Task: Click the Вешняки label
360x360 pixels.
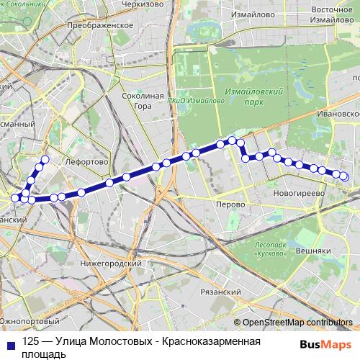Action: point(312,250)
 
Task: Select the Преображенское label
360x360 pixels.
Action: point(101,24)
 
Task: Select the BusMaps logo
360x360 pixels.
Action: point(327,344)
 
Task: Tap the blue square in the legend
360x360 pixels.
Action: point(8,342)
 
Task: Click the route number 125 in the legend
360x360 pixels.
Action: point(30,341)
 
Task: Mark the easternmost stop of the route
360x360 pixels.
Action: point(343,176)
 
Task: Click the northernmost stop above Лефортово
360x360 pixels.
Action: point(45,159)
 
